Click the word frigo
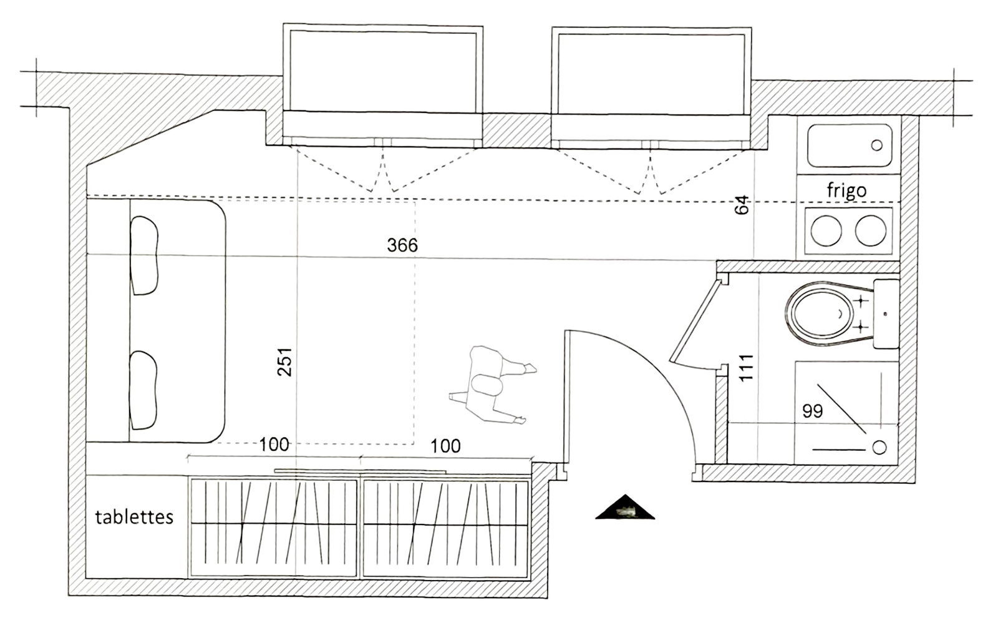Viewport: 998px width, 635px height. (846, 190)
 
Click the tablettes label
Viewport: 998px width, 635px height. (134, 517)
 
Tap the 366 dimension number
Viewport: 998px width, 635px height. (402, 245)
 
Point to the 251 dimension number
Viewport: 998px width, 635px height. (284, 362)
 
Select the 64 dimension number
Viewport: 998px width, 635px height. (742, 205)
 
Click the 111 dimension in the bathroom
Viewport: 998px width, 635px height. (746, 368)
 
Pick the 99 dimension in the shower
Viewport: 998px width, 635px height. (813, 411)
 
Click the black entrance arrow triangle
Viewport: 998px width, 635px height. (625, 507)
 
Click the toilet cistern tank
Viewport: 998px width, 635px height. (886, 314)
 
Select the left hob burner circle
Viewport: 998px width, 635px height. (826, 230)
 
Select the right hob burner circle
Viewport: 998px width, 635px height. (870, 230)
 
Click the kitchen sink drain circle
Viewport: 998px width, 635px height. (876, 145)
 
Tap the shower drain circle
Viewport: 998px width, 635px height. (879, 447)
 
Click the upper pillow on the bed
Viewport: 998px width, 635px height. (144, 255)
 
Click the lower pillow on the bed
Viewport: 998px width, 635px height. (143, 390)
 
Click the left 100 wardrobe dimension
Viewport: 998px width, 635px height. (274, 445)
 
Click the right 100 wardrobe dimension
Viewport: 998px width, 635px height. (445, 446)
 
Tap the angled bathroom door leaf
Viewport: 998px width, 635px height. (696, 320)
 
